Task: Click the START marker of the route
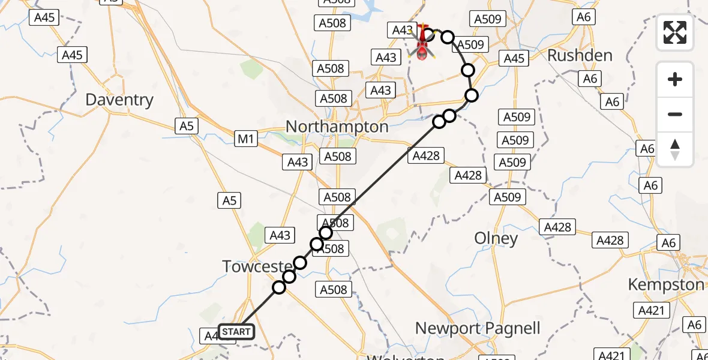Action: point(236,331)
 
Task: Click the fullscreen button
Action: point(675,32)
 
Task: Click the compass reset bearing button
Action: point(675,149)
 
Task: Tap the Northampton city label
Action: point(337,127)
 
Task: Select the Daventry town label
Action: point(119,100)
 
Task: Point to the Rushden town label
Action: point(580,56)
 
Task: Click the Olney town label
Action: point(496,239)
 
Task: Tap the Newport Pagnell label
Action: point(478,329)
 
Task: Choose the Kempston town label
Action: point(666,284)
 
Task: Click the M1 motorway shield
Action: point(246,140)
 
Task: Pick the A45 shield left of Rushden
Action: point(514,59)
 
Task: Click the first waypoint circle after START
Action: point(279,287)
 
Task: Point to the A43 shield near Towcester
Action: point(280,236)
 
